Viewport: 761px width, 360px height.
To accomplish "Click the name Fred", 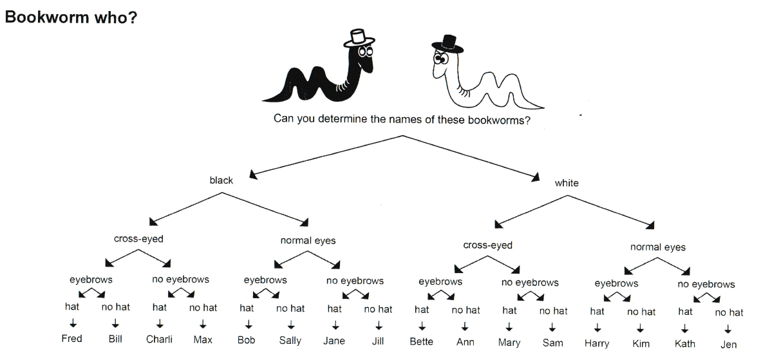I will tap(72, 339).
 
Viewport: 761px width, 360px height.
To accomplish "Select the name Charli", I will tap(159, 339).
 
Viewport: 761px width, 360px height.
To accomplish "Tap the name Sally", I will tap(290, 340).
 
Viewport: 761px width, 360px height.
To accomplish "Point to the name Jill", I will tap(378, 340).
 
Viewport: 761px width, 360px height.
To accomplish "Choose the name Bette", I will tap(422, 341).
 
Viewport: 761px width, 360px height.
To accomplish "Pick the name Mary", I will tap(509, 342).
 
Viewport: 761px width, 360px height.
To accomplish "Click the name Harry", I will tap(597, 343).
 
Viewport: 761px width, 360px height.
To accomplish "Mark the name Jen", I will tap(729, 345).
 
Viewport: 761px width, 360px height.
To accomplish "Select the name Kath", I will tap(684, 344).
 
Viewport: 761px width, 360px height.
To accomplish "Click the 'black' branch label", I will tap(221, 180).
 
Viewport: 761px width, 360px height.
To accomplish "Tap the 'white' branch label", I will tap(567, 183).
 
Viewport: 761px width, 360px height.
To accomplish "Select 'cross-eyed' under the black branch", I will tap(138, 239).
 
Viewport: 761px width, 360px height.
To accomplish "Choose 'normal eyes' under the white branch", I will tap(658, 247).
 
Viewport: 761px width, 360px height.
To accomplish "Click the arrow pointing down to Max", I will tap(203, 323).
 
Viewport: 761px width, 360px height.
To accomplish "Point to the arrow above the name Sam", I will tap(552, 327).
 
